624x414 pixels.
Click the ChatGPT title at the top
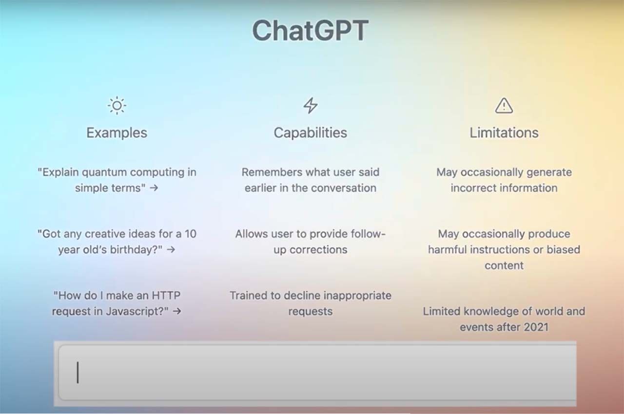coord(311,31)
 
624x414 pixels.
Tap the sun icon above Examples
coord(117,105)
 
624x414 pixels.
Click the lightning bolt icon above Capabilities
coord(311,105)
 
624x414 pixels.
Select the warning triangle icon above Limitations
coord(504,105)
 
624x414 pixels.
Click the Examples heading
coord(117,132)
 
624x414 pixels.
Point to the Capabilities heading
coord(311,132)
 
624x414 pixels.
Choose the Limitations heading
coord(504,132)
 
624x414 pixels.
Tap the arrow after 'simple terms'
coord(154,188)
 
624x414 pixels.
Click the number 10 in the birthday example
coord(191,234)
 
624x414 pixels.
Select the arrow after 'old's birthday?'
coord(171,250)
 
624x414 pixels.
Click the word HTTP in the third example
coord(166,295)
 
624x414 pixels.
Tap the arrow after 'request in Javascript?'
coord(176,311)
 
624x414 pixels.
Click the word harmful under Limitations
coord(448,250)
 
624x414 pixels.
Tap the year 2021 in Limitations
coord(536,327)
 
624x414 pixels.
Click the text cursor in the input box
coord(78,373)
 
